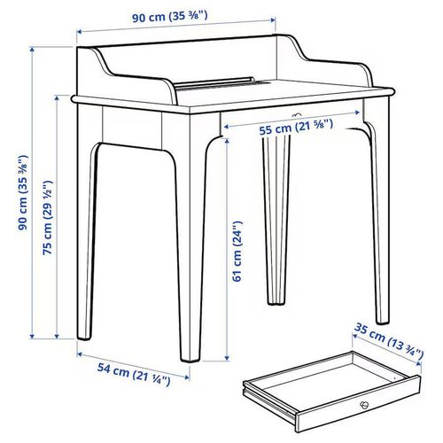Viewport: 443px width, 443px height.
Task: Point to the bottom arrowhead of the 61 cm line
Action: (225, 361)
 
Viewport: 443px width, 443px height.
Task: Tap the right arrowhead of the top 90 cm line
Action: (272, 23)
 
